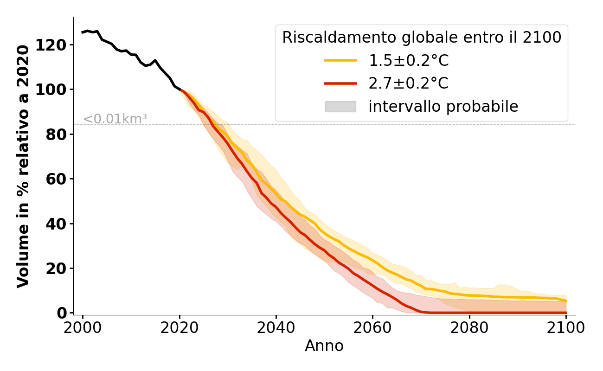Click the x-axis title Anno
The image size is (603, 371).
point(324,346)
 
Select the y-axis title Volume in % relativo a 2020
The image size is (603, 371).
point(23,166)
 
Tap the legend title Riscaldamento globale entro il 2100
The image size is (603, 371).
point(422,38)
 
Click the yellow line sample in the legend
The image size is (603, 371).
point(340,60)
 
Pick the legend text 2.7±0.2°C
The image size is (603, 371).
point(409,83)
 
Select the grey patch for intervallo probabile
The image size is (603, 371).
point(340,107)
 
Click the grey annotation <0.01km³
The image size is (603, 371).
point(115,119)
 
